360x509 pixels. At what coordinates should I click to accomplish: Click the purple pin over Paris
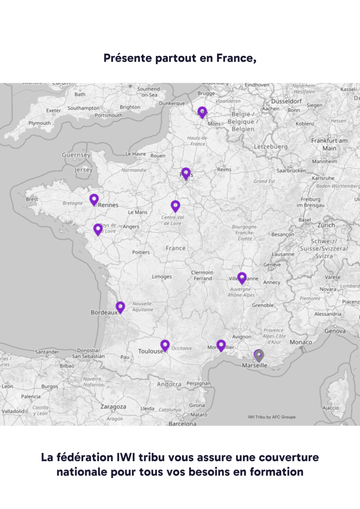coord(186,173)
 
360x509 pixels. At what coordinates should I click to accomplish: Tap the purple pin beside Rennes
coord(94,199)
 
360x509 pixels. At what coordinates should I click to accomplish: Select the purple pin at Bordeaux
coord(120,307)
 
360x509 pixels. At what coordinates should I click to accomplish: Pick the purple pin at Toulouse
coord(165,345)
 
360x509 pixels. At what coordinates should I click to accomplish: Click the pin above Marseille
coord(259,355)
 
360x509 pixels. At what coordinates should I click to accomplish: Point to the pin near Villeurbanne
coord(242,278)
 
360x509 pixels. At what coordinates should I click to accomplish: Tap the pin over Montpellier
coord(221,345)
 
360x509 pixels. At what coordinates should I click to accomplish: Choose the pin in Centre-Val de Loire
coord(175,206)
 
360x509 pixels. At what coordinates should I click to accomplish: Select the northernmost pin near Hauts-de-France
coord(202,112)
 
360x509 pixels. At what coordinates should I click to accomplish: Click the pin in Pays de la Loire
coord(98,229)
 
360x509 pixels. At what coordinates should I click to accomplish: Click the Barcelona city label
coord(183,423)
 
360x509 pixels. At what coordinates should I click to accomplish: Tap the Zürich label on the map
coord(326,225)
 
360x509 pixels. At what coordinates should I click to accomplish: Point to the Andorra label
coord(169,384)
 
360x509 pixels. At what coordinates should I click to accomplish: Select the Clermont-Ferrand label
coord(202,275)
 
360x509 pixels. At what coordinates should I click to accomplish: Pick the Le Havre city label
coord(135,154)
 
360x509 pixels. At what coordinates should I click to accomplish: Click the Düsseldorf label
coord(287,101)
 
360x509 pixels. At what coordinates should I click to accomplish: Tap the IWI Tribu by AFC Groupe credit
coord(271,417)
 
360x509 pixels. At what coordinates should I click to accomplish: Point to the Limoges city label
coord(162,277)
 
